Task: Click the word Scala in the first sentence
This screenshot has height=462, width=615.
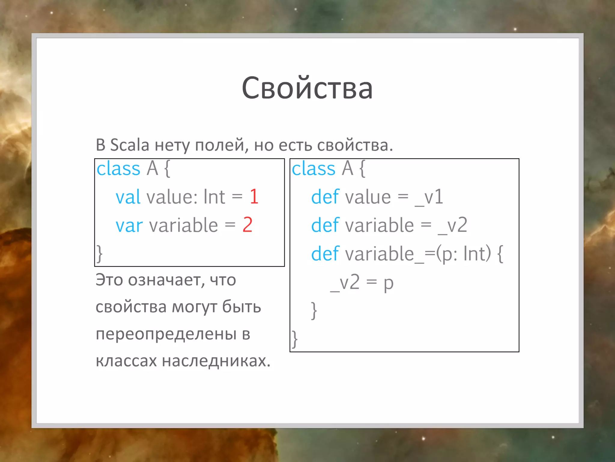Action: click(130, 145)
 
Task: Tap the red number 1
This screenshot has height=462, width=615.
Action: click(254, 197)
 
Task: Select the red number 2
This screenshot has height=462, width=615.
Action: click(247, 225)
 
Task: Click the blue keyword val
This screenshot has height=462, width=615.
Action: click(128, 197)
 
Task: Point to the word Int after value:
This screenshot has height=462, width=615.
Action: click(214, 197)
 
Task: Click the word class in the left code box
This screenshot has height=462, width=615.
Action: click(118, 168)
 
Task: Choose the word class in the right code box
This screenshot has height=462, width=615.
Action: click(314, 168)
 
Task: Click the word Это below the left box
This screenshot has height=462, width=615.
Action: click(109, 280)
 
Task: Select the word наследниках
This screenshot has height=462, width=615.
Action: click(216, 361)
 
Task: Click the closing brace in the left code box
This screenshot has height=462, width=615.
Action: click(99, 254)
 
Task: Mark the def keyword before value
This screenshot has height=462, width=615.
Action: click(325, 197)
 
